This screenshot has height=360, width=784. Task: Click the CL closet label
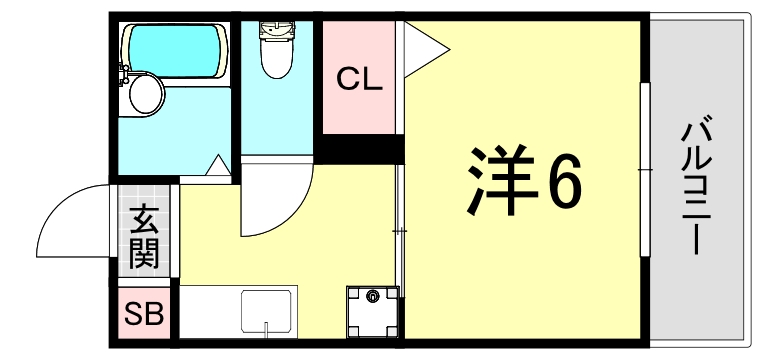point(359,79)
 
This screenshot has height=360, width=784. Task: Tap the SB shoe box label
point(143,315)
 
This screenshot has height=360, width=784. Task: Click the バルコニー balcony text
point(698,186)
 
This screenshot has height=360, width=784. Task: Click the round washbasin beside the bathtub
point(147,94)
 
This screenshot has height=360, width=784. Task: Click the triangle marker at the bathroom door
point(218,166)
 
